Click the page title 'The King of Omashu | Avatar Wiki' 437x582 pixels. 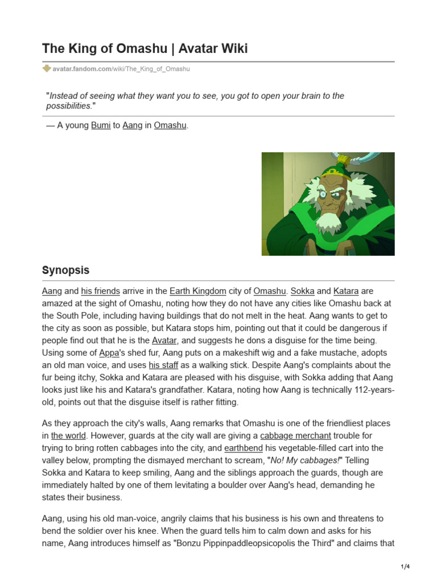(x=145, y=49)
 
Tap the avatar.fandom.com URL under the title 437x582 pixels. (x=121, y=69)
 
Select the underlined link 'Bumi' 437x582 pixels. (x=101, y=125)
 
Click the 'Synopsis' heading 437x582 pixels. (x=65, y=270)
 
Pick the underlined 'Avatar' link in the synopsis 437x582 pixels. (x=164, y=340)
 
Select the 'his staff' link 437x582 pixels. (x=163, y=365)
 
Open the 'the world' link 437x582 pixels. (x=68, y=436)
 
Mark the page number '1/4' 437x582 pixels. (x=405, y=567)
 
